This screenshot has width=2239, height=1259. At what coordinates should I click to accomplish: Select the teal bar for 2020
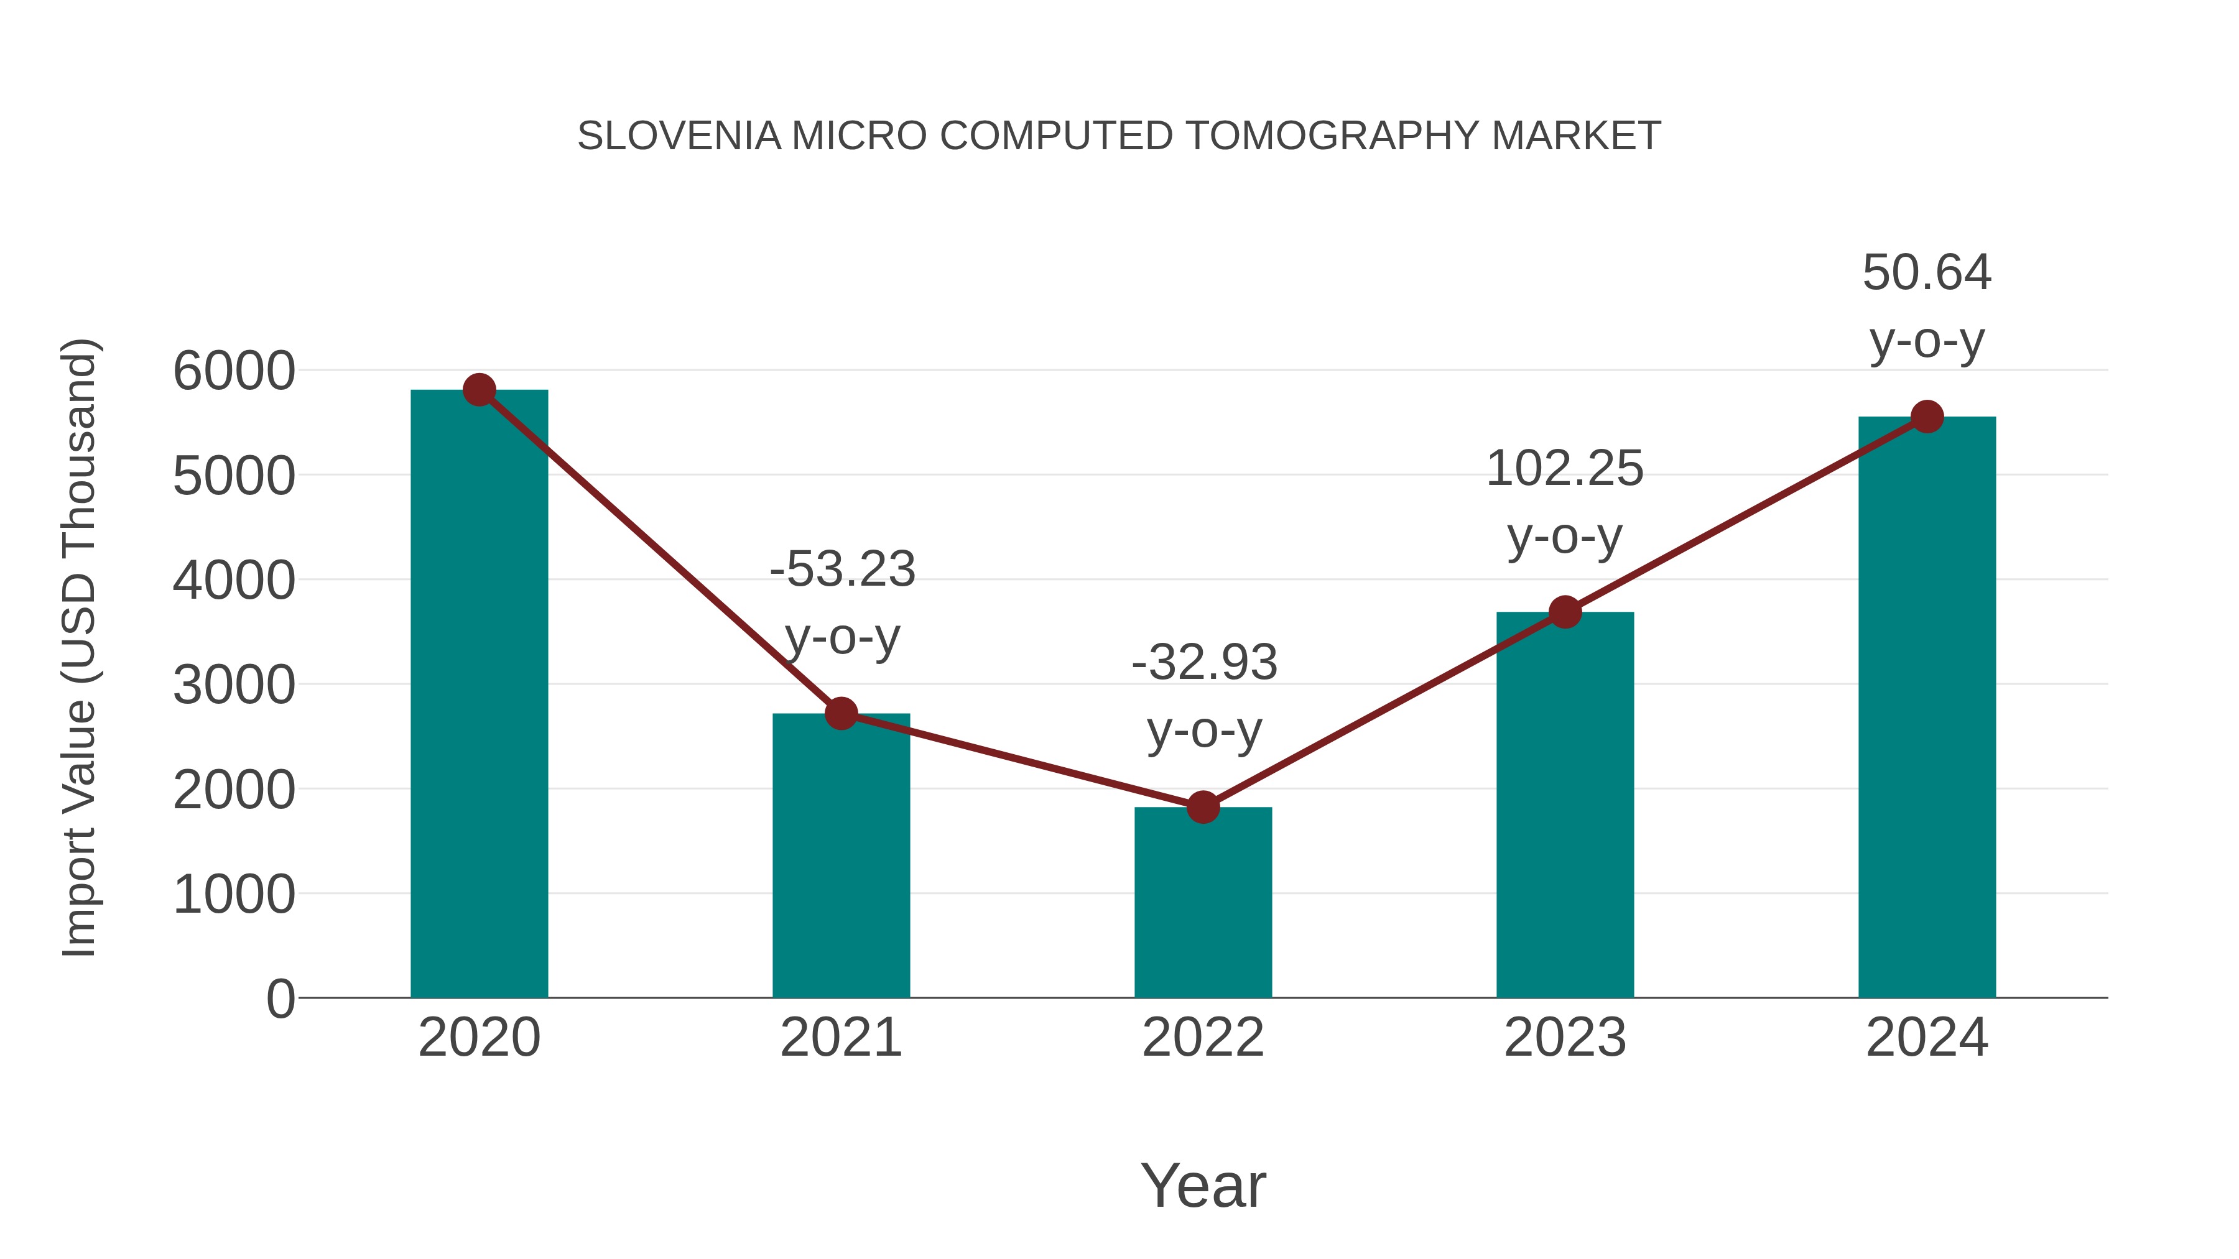pyautogui.click(x=479, y=695)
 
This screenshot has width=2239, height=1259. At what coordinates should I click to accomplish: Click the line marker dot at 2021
pyautogui.click(x=841, y=713)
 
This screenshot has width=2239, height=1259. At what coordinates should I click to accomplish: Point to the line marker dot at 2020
pyautogui.click(x=480, y=389)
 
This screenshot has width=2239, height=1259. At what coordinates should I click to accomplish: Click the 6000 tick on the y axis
pyautogui.click(x=234, y=371)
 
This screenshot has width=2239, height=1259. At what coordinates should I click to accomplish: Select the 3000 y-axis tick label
pyautogui.click(x=234, y=685)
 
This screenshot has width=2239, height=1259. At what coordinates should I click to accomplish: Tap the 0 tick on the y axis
pyautogui.click(x=280, y=998)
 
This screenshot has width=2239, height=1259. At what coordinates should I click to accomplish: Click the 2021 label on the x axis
pyautogui.click(x=841, y=1038)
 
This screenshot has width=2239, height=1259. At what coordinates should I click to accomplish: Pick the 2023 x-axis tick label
pyautogui.click(x=1565, y=1038)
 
